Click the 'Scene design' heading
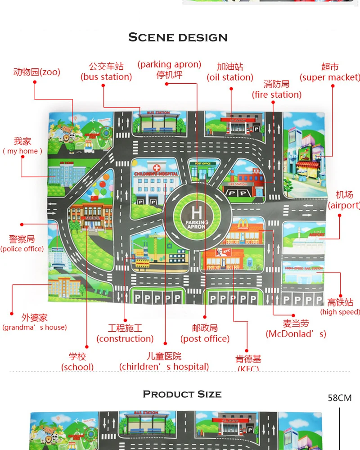(178, 37)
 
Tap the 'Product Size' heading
(182, 395)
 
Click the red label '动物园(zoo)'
(36, 72)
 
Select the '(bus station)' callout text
(106, 77)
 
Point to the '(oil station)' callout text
(230, 77)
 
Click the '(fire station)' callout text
(276, 94)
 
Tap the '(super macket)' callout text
(330, 77)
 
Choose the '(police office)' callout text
(22, 249)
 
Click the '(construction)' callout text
(125, 339)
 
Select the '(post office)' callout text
(205, 339)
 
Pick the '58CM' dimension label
(340, 398)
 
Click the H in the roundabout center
(197, 212)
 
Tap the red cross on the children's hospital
(157, 167)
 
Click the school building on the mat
(90, 216)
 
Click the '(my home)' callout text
(22, 151)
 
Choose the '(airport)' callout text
(344, 206)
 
